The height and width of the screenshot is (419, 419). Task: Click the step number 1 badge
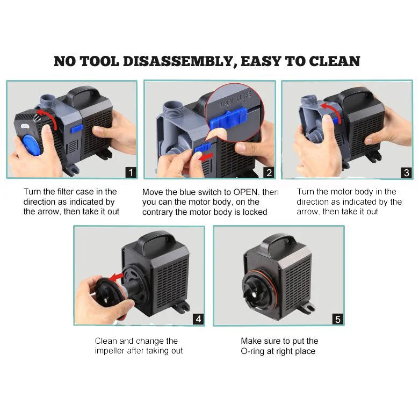click(x=131, y=172)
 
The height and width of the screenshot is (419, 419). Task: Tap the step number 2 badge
click(x=269, y=172)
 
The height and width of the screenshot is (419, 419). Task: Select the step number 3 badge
click(x=406, y=172)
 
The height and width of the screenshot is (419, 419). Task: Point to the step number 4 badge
click(x=198, y=319)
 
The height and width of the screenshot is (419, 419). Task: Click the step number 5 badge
click(x=337, y=319)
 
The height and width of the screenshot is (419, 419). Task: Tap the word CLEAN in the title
click(x=336, y=61)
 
